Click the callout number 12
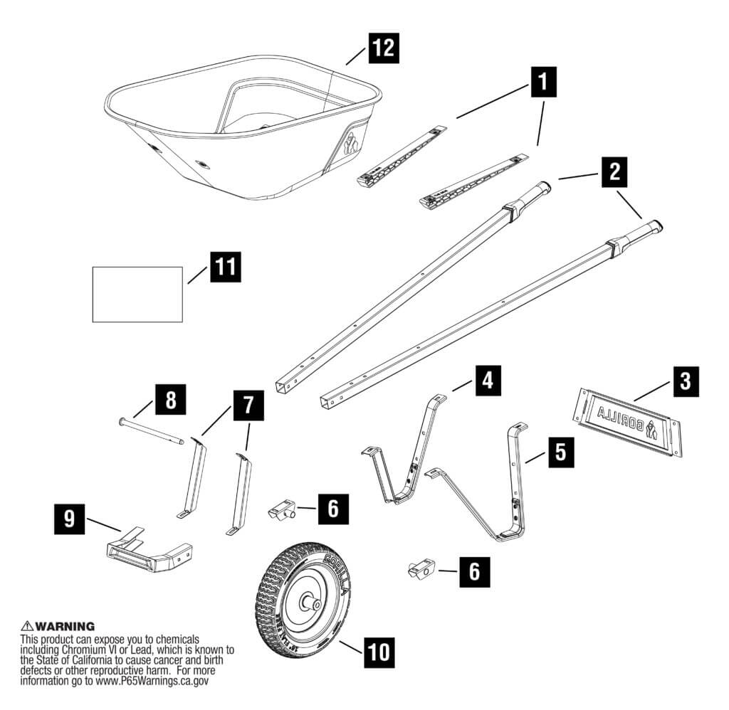pos(381,49)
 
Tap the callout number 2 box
pos(614,171)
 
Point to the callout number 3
pos(684,381)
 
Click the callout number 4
pos(486,381)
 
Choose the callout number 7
pos(248,405)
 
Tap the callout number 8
pos(171,400)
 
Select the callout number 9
pos(68,518)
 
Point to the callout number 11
pos(224,267)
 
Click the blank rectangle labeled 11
pos(138,294)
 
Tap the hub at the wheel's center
pos(312,602)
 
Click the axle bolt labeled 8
pos(151,431)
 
